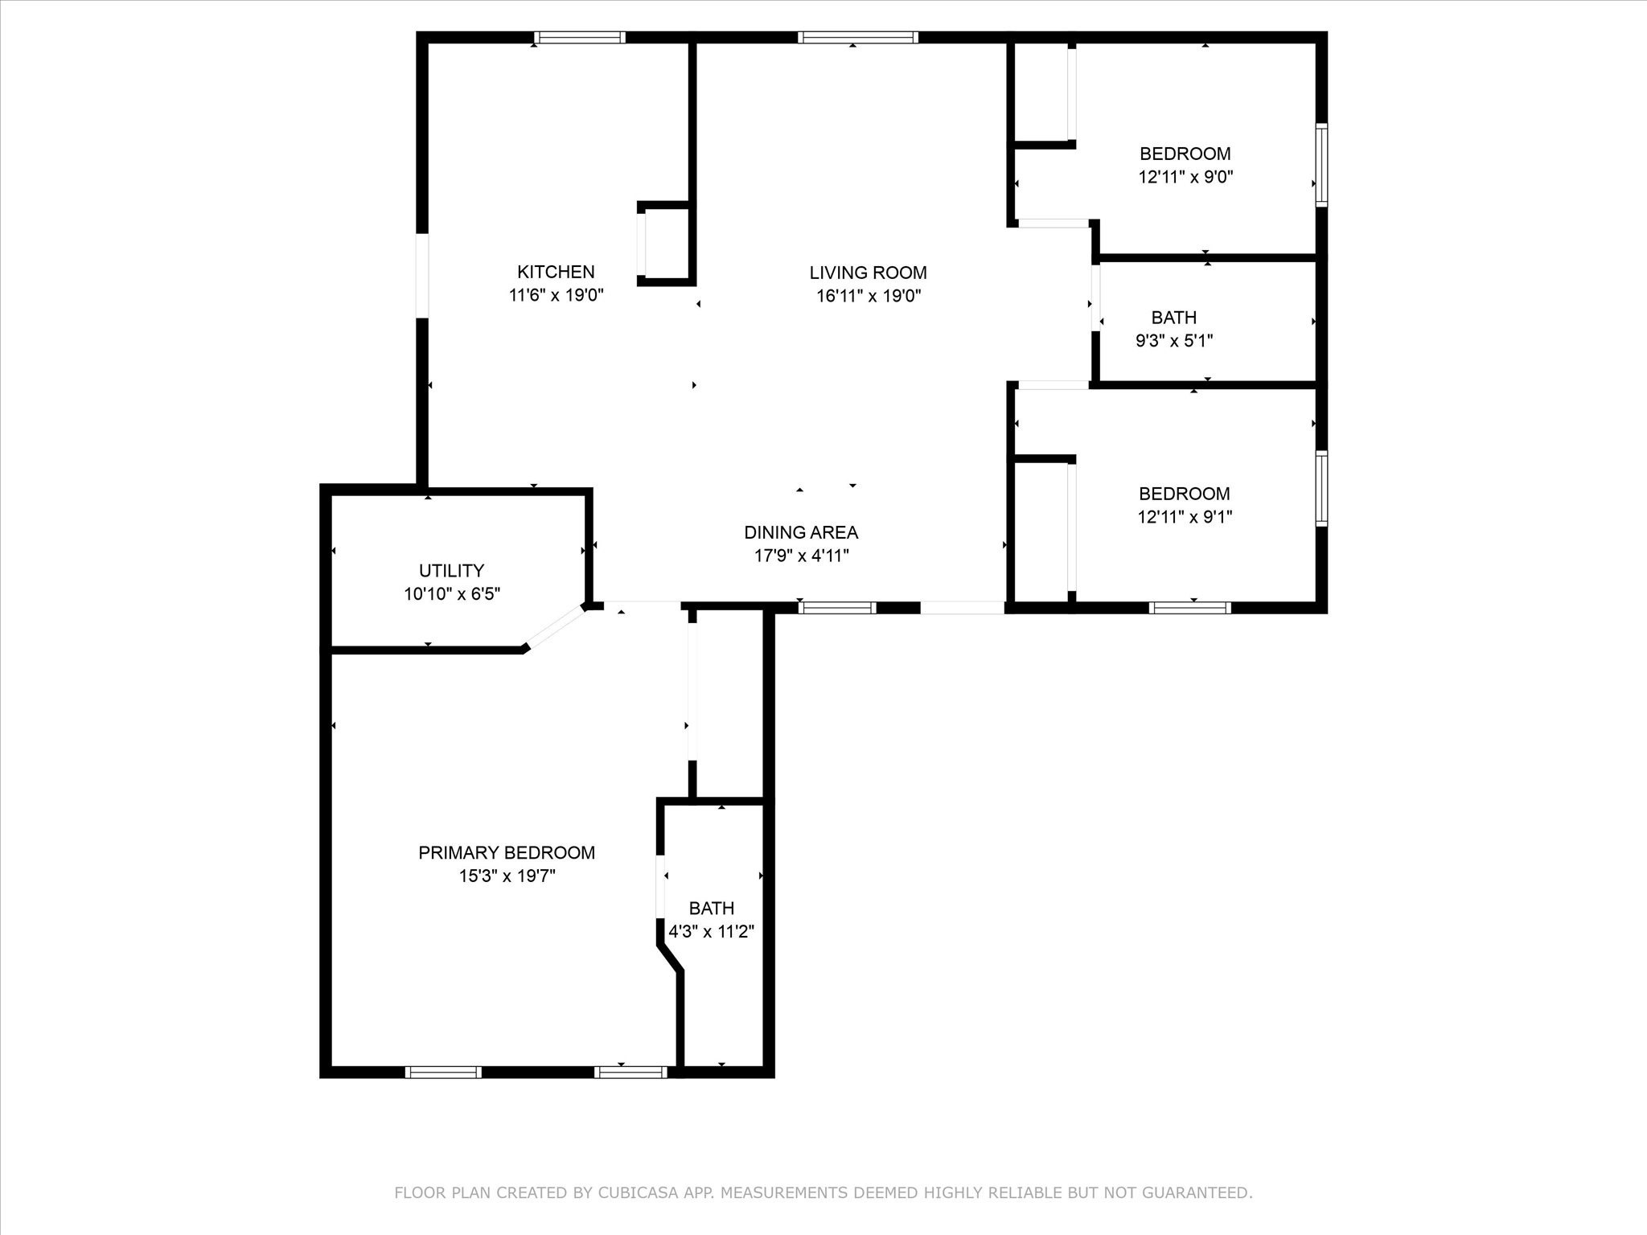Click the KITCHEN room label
click(556, 272)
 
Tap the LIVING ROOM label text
click(868, 273)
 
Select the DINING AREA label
click(801, 532)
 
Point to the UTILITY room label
click(451, 571)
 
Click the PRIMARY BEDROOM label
click(507, 852)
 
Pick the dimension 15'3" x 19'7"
click(507, 876)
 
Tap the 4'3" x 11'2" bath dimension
click(712, 932)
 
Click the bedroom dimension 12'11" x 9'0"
click(1185, 177)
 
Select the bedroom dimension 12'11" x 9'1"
click(1185, 517)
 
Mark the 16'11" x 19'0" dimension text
click(869, 296)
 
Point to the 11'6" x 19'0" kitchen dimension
click(556, 295)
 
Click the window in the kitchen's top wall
click(579, 37)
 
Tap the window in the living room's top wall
click(858, 37)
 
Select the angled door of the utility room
click(555, 626)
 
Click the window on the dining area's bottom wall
click(837, 608)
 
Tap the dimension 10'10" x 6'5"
click(452, 594)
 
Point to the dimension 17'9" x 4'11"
click(801, 556)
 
